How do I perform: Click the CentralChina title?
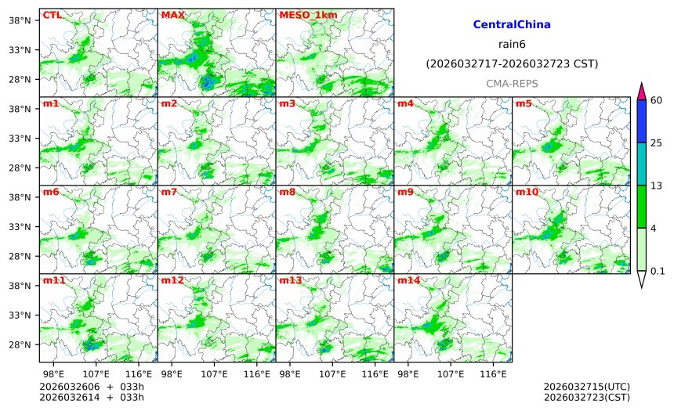click(512, 25)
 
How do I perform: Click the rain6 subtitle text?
click(512, 44)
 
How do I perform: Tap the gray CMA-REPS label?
click(512, 83)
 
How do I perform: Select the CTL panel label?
click(52, 15)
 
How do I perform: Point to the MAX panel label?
click(172, 15)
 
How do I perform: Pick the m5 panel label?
click(524, 103)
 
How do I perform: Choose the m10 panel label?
click(527, 192)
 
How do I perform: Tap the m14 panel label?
click(408, 280)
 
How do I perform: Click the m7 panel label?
click(169, 192)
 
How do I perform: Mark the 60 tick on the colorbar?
click(657, 100)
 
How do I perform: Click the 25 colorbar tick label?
click(657, 142)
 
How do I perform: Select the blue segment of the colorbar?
click(641, 121)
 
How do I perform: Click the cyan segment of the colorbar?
click(641, 164)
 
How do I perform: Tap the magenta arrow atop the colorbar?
click(641, 91)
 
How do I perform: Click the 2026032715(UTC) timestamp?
click(586, 387)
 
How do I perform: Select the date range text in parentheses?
click(512, 63)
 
